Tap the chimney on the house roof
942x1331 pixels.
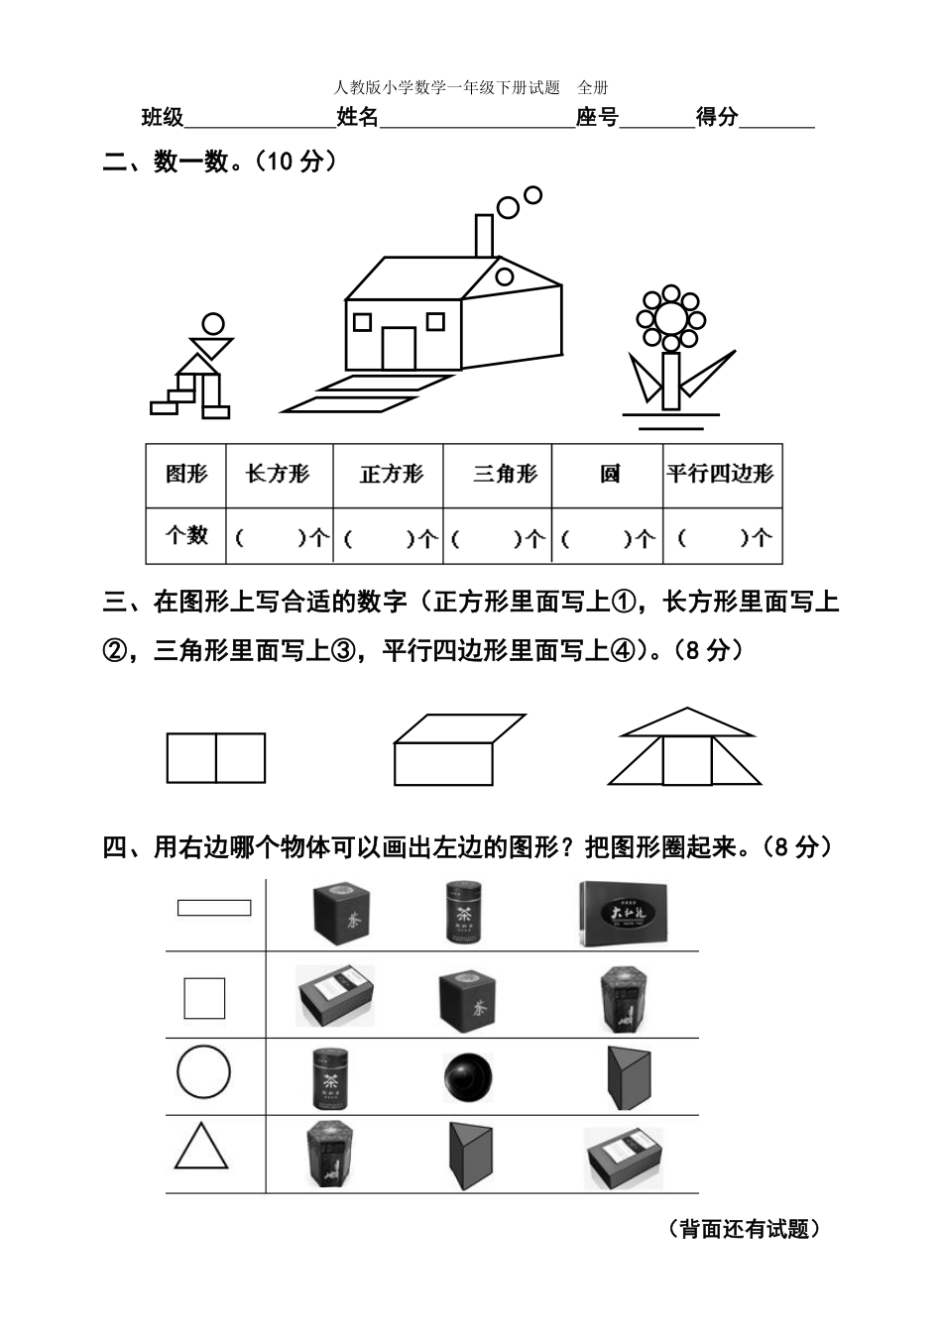(484, 236)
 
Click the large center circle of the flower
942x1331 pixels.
(671, 318)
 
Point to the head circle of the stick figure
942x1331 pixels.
(213, 324)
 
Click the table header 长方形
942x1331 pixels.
(278, 474)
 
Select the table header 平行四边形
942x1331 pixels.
(720, 474)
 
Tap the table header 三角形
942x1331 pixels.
(505, 474)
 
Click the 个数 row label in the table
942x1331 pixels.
(186, 535)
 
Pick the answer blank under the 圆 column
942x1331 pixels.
(607, 538)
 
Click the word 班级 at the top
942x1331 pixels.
(163, 118)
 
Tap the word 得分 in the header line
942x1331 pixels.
(717, 118)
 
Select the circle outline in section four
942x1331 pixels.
(203, 1072)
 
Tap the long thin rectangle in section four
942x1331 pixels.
(213, 907)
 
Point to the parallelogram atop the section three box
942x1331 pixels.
(460, 727)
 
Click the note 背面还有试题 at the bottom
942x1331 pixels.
(743, 1229)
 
